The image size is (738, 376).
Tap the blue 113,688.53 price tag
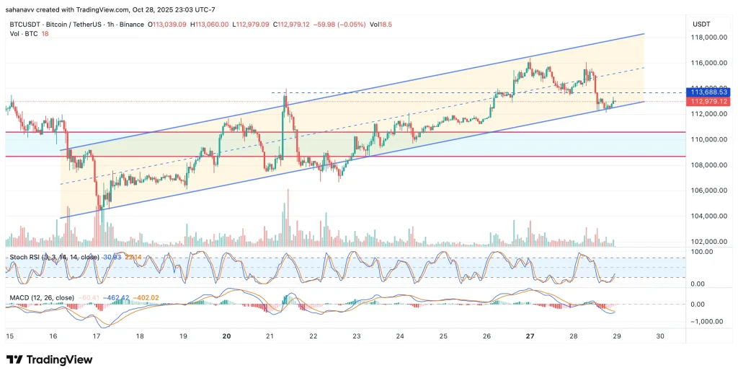tap(707, 92)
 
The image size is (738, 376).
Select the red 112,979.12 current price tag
tap(707, 102)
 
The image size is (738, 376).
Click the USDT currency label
tap(701, 24)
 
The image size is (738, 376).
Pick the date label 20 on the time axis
tap(227, 336)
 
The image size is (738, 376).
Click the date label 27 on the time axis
tap(530, 336)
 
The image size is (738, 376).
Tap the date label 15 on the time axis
tap(9, 336)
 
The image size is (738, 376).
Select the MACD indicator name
tap(19, 297)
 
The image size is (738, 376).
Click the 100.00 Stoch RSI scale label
tap(703, 251)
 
